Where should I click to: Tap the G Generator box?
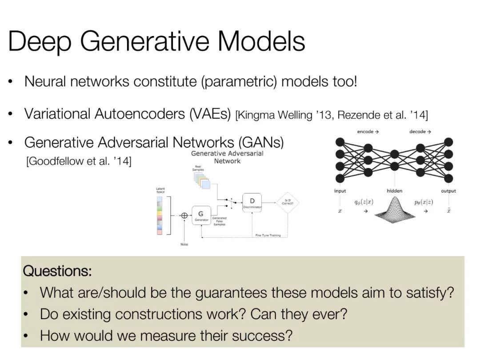200,216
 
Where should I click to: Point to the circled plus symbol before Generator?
184,216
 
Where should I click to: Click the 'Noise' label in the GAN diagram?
184,244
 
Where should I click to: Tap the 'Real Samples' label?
198,168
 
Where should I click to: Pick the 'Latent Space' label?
160,190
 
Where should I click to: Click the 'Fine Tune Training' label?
268,235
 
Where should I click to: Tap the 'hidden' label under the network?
394,191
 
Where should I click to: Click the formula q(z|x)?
364,202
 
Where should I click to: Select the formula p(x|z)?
424,202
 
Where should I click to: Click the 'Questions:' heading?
57,271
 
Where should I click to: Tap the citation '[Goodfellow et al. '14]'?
79,161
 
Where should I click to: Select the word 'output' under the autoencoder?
448,191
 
